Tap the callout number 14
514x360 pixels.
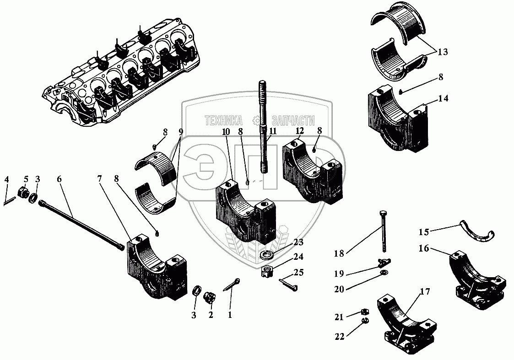tap(443, 98)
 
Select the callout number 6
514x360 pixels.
tap(60, 180)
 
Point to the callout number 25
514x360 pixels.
tap(299, 273)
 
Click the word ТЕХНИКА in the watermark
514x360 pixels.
tap(224, 120)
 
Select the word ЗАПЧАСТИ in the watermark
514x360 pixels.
tap(293, 120)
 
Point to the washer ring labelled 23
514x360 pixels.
tap(266, 254)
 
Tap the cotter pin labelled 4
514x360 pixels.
tap(9, 200)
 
